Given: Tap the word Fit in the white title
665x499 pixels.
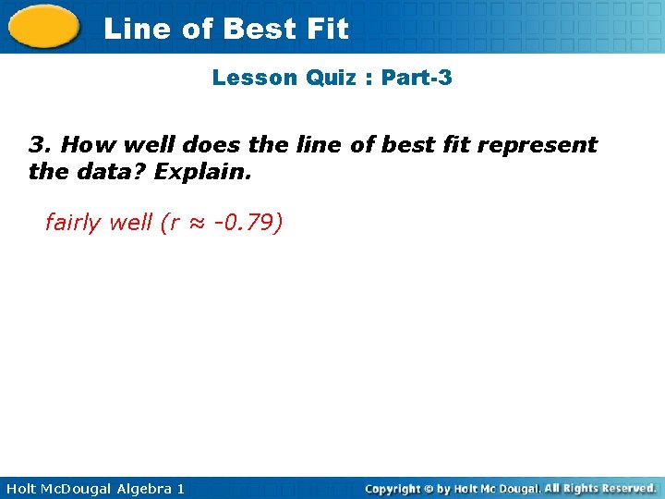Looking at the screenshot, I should point(327,29).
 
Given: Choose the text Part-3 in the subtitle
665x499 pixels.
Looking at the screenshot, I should point(417,78).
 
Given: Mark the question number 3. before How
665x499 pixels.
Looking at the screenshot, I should point(40,144).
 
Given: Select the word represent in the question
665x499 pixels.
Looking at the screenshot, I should point(537,144).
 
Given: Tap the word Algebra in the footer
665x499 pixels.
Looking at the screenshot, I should point(139,488).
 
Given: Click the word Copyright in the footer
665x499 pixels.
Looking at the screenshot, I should point(393,488).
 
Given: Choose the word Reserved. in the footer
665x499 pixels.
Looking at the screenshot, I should point(624,488).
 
